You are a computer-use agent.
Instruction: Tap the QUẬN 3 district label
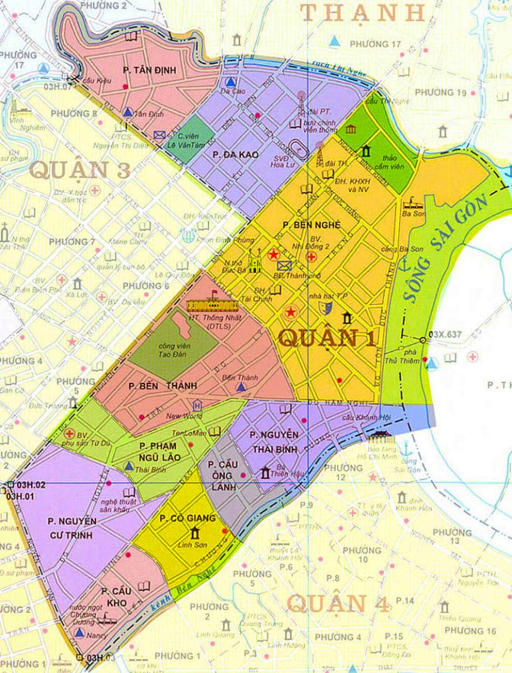[79, 170]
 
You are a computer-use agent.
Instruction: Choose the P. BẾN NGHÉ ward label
[312, 224]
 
